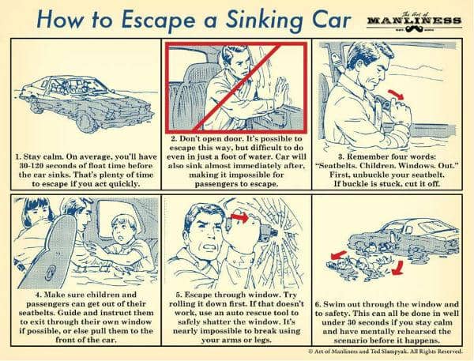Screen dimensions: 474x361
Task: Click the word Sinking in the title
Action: point(264,21)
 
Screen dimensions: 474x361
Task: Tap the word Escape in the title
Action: point(159,21)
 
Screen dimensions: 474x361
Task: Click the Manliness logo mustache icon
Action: point(413,28)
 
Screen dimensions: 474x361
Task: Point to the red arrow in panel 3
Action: point(397,95)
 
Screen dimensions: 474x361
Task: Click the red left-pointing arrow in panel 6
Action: point(337,255)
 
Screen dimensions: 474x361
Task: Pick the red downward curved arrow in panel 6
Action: point(398,269)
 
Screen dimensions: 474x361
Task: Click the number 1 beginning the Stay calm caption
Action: point(17,157)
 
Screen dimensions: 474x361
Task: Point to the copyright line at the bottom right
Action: point(386,352)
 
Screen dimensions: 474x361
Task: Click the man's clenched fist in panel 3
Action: point(401,112)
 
